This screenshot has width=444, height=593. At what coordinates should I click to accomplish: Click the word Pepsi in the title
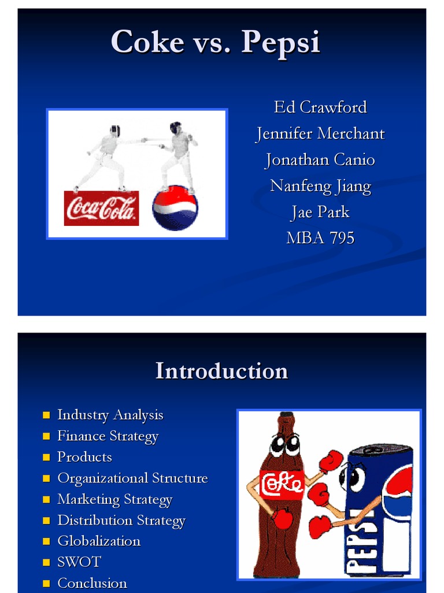tap(281, 42)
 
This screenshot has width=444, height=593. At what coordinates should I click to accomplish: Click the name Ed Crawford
tap(320, 107)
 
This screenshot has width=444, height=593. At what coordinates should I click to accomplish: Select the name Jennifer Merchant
tap(320, 134)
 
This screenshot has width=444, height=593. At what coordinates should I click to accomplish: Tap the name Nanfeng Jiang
tap(320, 186)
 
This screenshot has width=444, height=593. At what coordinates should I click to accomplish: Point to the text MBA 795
tap(320, 237)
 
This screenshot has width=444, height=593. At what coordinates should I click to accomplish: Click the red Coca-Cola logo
tap(101, 208)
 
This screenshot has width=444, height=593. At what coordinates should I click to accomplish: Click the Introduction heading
tap(221, 371)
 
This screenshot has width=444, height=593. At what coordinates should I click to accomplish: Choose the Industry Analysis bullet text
tap(110, 415)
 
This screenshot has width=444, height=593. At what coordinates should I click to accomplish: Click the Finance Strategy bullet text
tap(108, 436)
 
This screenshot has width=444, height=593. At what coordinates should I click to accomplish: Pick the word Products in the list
tap(84, 457)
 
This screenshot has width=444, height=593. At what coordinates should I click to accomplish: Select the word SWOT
tap(79, 562)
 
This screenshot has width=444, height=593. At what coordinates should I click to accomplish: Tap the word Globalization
tap(99, 541)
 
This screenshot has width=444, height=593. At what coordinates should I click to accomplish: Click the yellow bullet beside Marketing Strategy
tap(47, 500)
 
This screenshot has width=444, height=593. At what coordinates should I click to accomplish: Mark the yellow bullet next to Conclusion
tap(47, 583)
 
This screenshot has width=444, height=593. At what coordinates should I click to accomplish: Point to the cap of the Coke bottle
tap(286, 416)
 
